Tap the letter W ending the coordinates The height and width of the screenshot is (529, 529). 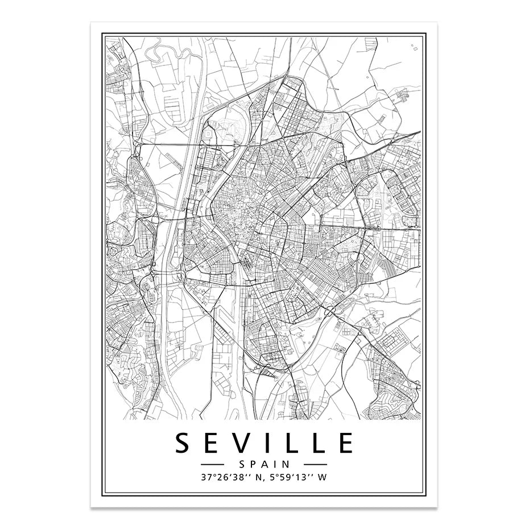point(323,478)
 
